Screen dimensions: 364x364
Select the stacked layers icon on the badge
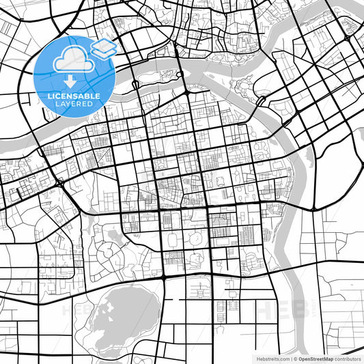[104, 48]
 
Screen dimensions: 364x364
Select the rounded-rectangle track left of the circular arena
[173, 238]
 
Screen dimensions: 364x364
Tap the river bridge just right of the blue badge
[136, 84]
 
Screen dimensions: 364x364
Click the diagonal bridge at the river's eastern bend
[260, 100]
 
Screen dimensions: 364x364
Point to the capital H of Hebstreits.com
[258, 358]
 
